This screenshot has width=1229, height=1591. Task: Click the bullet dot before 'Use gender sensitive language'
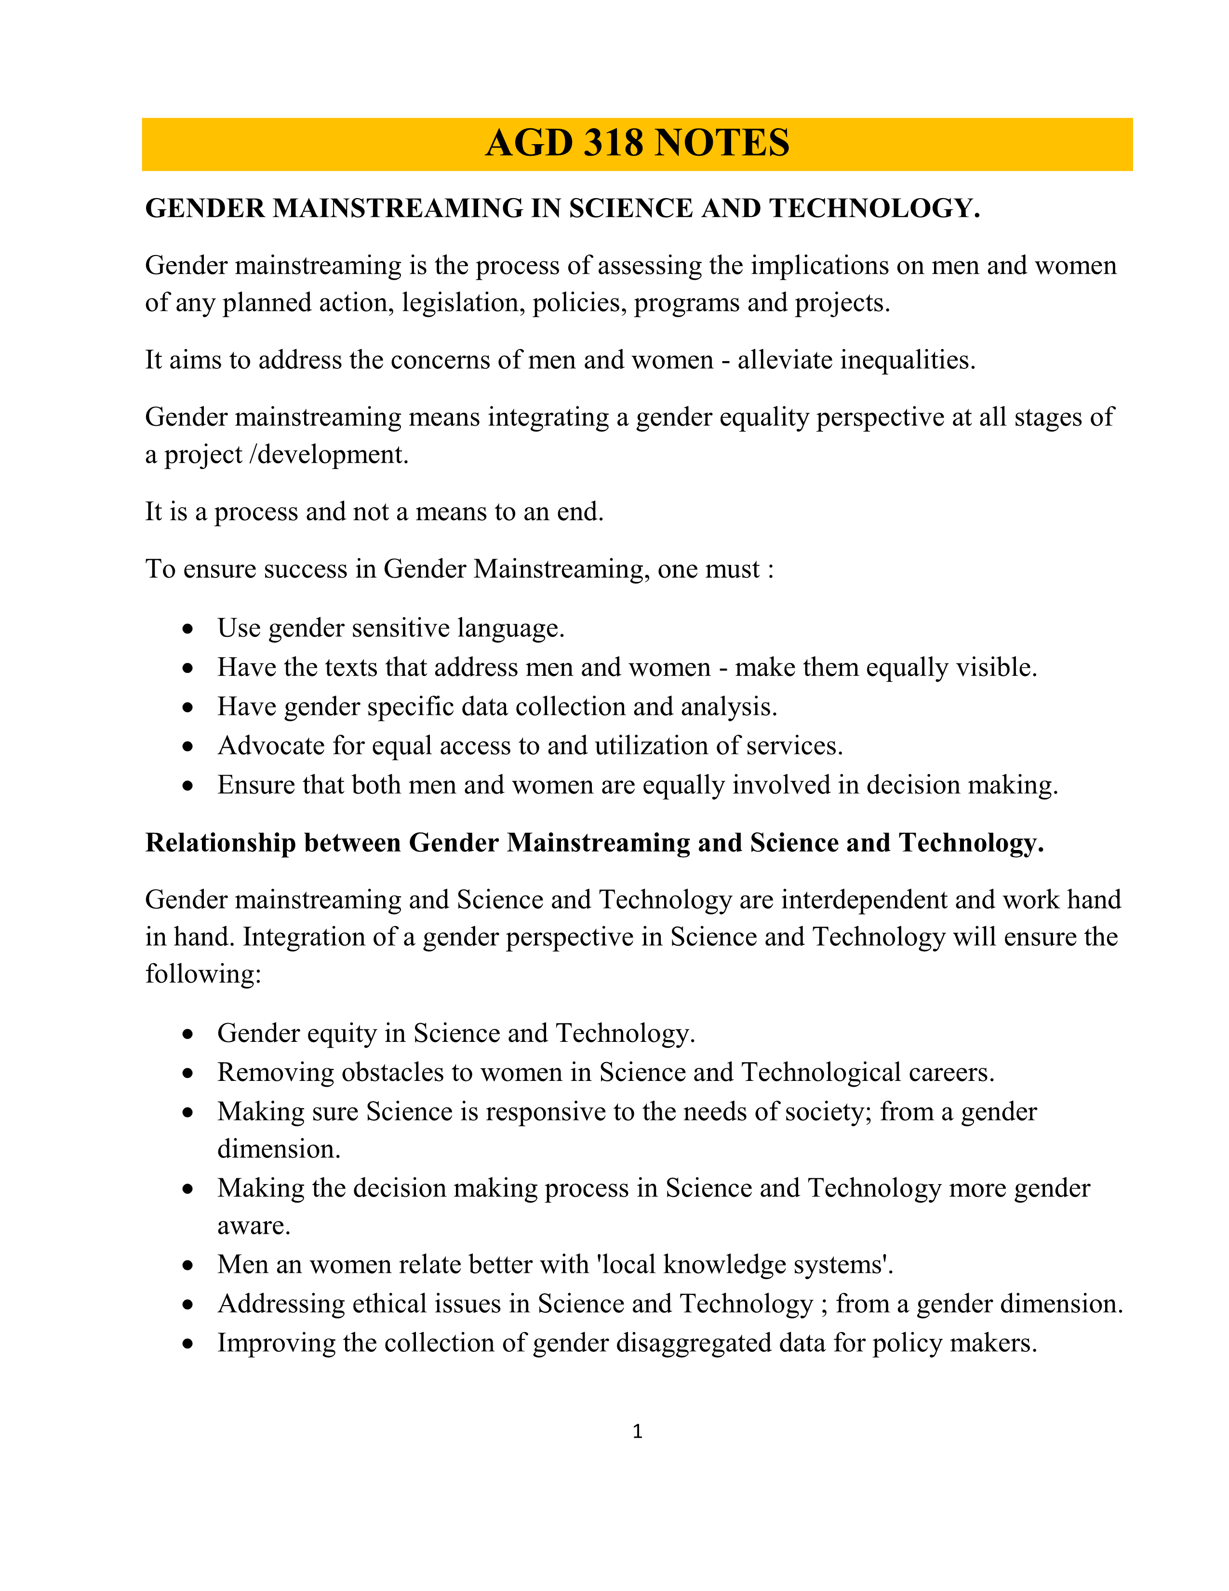188,629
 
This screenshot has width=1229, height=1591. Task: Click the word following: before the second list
203,975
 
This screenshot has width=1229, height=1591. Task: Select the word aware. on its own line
254,1226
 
